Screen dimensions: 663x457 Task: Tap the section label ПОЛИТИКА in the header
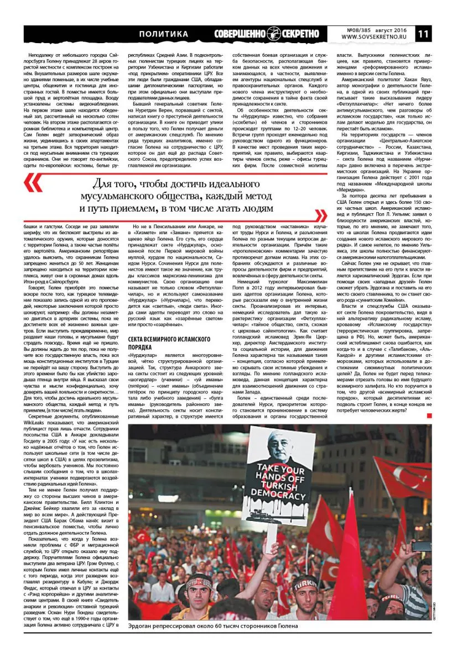click(x=163, y=34)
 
